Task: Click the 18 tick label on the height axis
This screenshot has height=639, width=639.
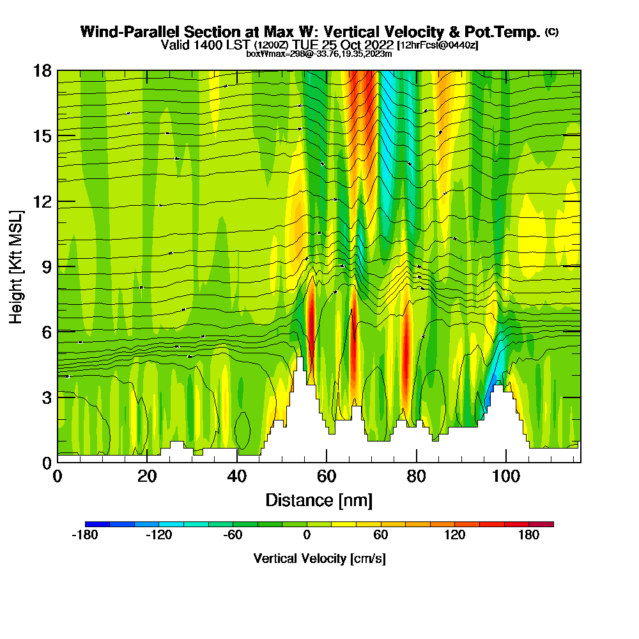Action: click(x=42, y=70)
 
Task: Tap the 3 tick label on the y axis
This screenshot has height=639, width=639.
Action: click(x=47, y=397)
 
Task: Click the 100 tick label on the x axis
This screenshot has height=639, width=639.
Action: click(x=505, y=477)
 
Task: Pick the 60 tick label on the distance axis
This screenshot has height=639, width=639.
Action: click(x=327, y=477)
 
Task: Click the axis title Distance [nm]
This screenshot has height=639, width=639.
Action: click(x=319, y=500)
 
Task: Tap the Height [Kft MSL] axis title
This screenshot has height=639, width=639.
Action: click(x=16, y=266)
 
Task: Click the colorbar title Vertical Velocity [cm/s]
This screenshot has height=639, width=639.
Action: click(x=319, y=558)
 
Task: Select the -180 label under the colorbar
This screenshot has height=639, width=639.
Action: click(x=85, y=535)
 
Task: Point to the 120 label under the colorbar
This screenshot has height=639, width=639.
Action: click(x=455, y=535)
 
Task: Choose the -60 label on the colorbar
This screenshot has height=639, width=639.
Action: click(x=233, y=535)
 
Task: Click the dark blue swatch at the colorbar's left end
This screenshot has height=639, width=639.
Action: click(x=97, y=524)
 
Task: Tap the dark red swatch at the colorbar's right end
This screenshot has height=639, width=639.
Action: click(x=541, y=524)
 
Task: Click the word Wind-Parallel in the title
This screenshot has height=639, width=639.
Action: click(x=125, y=32)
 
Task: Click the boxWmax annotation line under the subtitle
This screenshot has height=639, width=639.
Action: click(x=319, y=54)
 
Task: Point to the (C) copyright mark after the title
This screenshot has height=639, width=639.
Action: click(x=551, y=31)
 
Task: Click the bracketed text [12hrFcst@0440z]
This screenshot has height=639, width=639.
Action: click(x=438, y=45)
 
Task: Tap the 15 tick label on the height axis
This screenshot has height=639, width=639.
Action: click(x=42, y=135)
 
